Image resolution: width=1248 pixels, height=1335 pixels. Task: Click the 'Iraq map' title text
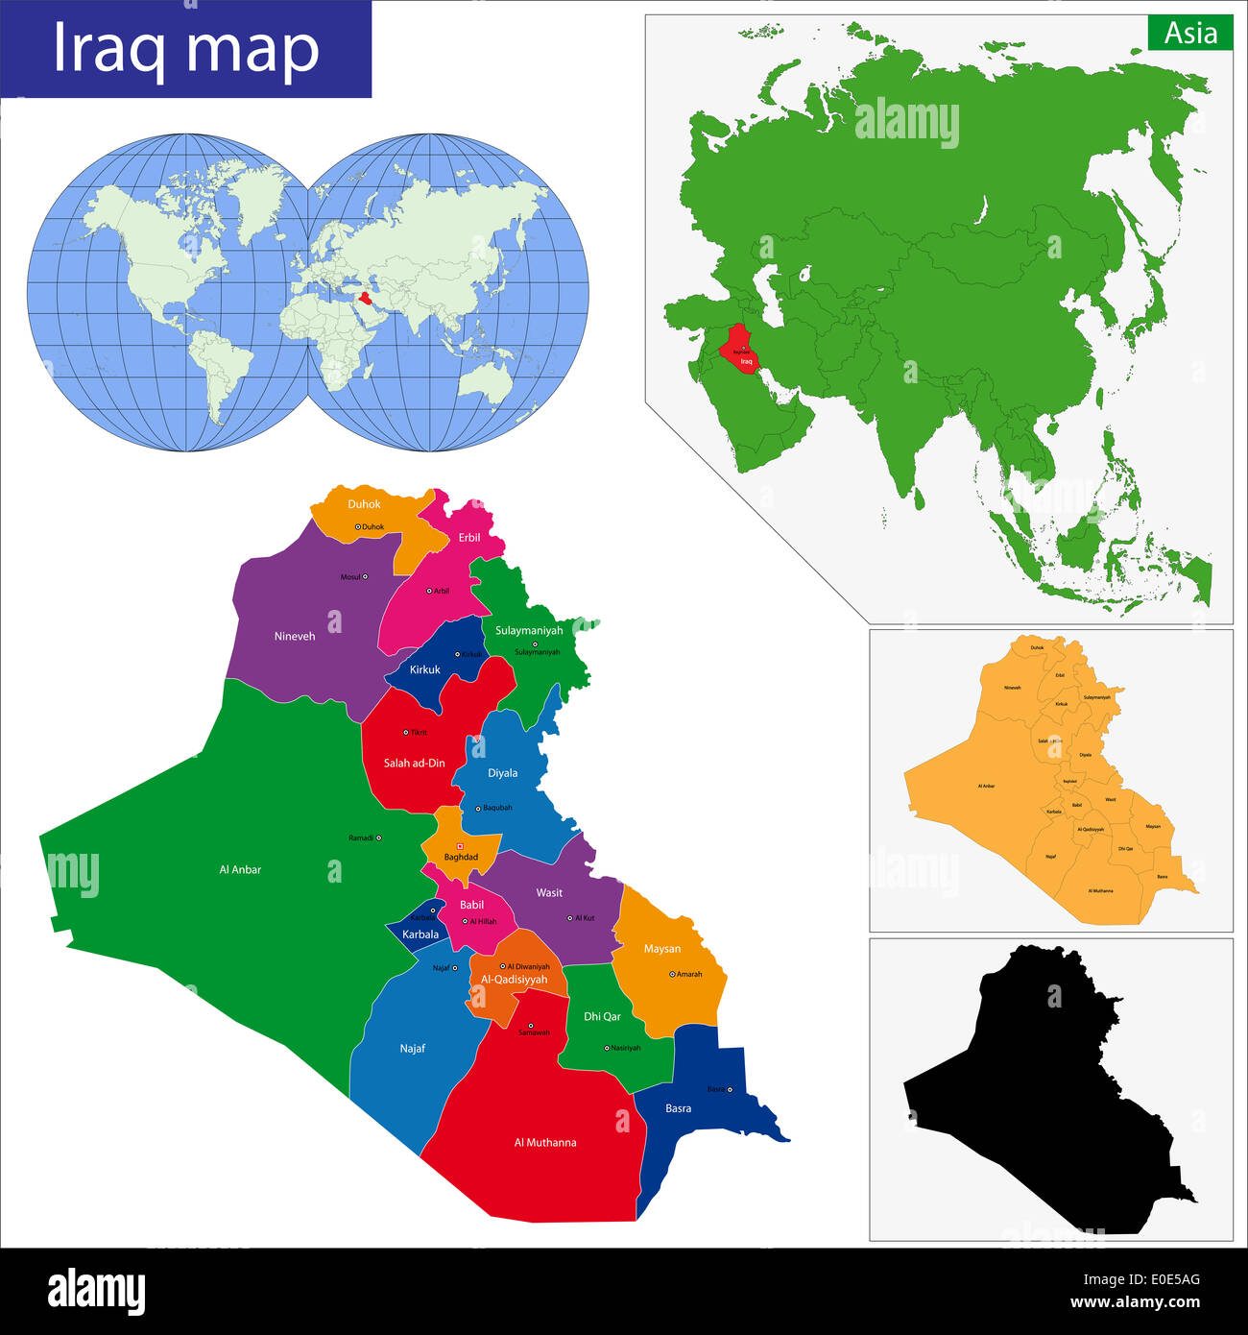tap(185, 49)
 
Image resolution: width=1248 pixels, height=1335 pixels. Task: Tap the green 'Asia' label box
tap(1190, 34)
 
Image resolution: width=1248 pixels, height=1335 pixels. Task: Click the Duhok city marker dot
tap(358, 526)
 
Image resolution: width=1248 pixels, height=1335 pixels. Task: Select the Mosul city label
tap(350, 577)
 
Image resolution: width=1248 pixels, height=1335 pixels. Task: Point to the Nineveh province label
tap(295, 637)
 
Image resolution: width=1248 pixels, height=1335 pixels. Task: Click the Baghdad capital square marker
tap(460, 846)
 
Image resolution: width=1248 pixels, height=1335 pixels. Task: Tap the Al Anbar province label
tap(240, 870)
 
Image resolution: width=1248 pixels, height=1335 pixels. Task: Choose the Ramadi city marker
tap(378, 837)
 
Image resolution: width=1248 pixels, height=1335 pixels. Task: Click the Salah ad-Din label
tap(415, 764)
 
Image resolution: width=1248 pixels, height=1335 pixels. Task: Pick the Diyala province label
tap(502, 773)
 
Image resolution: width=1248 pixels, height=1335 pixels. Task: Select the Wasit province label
tap(549, 893)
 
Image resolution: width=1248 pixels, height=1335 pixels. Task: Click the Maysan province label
tap(662, 949)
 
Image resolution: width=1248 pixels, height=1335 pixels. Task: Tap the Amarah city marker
tap(672, 974)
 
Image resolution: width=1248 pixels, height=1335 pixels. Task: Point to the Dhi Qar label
tap(602, 1016)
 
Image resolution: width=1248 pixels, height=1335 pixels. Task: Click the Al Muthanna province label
tap(545, 1143)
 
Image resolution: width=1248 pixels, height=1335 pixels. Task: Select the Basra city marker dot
tap(730, 1089)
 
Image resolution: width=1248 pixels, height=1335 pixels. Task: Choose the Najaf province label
tap(412, 1049)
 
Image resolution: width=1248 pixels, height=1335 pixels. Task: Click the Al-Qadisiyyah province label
tap(515, 980)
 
